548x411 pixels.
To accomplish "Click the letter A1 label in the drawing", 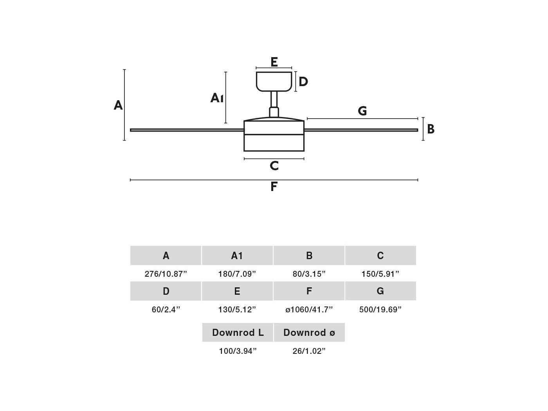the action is [x=217, y=98].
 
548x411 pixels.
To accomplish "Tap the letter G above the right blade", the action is [x=362, y=111].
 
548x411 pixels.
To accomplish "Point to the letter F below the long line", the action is [x=274, y=186].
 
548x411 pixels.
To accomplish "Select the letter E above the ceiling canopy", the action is [x=274, y=62].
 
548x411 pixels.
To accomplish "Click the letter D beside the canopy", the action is [x=303, y=81].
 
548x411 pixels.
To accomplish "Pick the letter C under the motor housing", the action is [x=274, y=166].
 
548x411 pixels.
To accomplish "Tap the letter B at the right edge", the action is [x=431, y=129].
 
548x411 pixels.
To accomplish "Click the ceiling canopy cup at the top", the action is [x=274, y=81].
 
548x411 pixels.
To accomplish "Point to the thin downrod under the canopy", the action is [x=274, y=99].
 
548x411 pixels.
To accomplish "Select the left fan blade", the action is [x=187, y=130].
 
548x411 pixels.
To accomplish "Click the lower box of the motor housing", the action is [x=274, y=143].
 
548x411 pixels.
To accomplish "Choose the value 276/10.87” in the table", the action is [x=166, y=274].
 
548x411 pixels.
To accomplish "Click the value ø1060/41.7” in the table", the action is [x=309, y=310].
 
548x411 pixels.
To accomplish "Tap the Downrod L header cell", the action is [x=238, y=332].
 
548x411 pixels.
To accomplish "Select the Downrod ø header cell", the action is [x=309, y=332].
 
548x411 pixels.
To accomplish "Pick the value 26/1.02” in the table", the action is [x=309, y=351].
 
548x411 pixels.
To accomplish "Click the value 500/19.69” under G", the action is [x=380, y=310].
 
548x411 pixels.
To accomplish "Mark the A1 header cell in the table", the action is [x=237, y=255].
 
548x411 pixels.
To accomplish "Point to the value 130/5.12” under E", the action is [x=237, y=310].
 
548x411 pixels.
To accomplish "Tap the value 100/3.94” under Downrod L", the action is [x=238, y=351].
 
